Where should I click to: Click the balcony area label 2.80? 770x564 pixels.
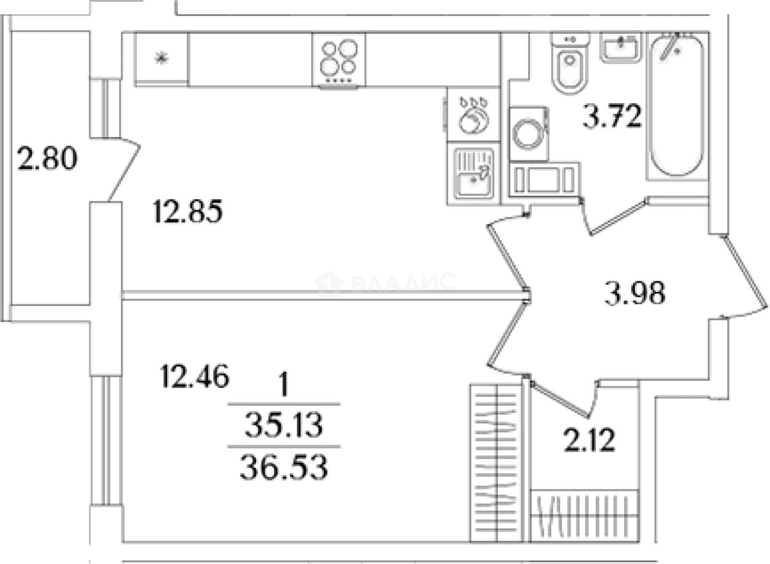(47, 158)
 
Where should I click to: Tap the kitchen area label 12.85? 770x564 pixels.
(188, 211)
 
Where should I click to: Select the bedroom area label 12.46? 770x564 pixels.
(195, 376)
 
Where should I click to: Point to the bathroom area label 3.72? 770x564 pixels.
(612, 116)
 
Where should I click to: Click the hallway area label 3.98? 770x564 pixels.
(635, 292)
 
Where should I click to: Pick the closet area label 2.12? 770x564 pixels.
(589, 439)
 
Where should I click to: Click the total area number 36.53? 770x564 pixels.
(284, 467)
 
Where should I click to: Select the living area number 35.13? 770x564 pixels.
(284, 425)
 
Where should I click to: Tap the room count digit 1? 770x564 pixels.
(284, 384)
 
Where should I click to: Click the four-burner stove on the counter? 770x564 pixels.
(338, 60)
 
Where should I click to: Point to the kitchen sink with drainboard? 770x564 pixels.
(473, 174)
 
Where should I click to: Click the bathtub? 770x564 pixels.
(676, 106)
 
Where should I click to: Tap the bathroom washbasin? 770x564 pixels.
(621, 47)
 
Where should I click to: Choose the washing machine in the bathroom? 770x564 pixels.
(529, 133)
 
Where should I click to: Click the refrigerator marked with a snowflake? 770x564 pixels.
(161, 59)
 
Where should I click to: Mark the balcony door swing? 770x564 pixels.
(124, 169)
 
